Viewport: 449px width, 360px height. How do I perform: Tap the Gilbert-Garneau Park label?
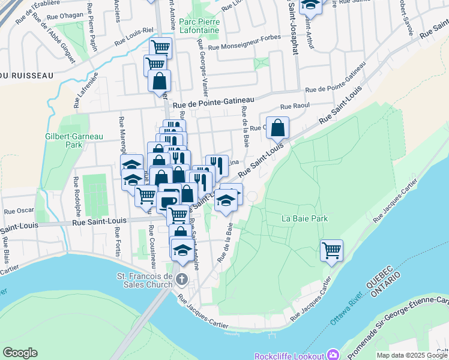pyautogui.click(x=64, y=140)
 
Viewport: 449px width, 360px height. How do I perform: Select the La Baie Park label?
pyautogui.click(x=305, y=218)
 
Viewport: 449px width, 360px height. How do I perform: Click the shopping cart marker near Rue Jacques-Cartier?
pyautogui.click(x=331, y=250)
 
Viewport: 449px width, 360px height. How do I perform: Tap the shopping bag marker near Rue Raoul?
pyautogui.click(x=277, y=127)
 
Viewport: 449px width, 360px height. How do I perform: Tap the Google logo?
pyautogui.click(x=20, y=353)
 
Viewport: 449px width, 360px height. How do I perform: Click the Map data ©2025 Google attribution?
pyautogui.click(x=412, y=355)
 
